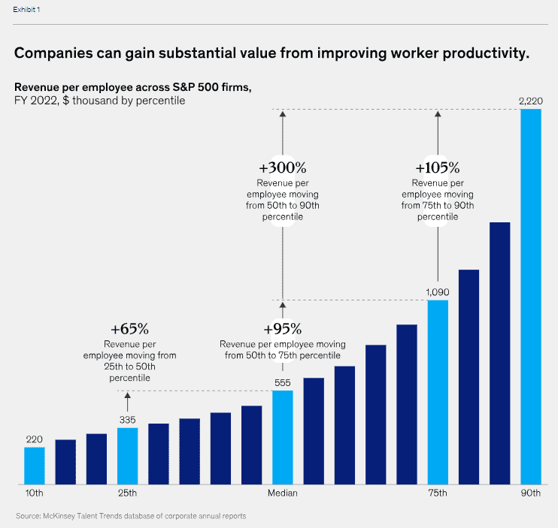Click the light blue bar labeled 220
click(x=35, y=466)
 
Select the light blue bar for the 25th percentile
click(x=128, y=456)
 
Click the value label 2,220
click(x=531, y=101)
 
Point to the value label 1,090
click(x=438, y=291)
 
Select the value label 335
click(x=128, y=419)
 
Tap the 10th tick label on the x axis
click(x=35, y=493)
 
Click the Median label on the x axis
click(x=283, y=493)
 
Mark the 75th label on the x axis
click(x=438, y=493)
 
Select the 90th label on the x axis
click(x=531, y=493)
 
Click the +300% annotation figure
click(x=282, y=167)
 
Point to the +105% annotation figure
click(x=437, y=167)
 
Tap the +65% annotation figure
click(x=129, y=329)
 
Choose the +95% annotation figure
click(x=283, y=329)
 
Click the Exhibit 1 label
click(x=27, y=10)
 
